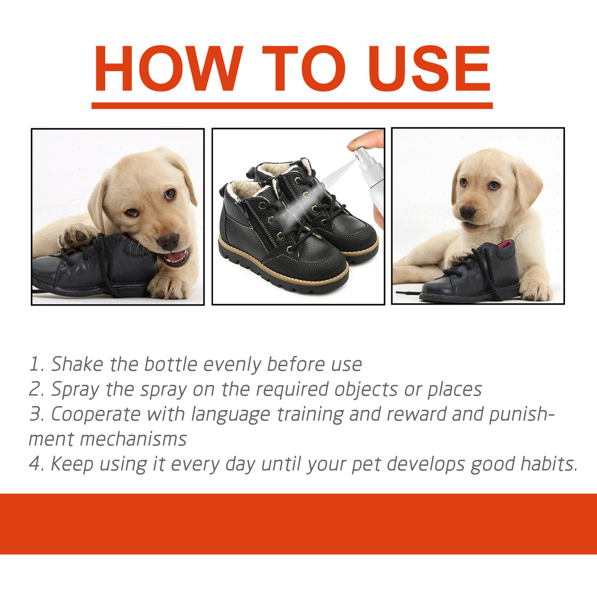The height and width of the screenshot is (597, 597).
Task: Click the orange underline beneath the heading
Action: click(x=292, y=106)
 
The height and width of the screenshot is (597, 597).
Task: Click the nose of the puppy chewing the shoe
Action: click(x=168, y=240)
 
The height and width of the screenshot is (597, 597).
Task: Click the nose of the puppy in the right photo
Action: click(x=467, y=212)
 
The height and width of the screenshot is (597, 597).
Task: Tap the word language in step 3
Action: click(x=231, y=415)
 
